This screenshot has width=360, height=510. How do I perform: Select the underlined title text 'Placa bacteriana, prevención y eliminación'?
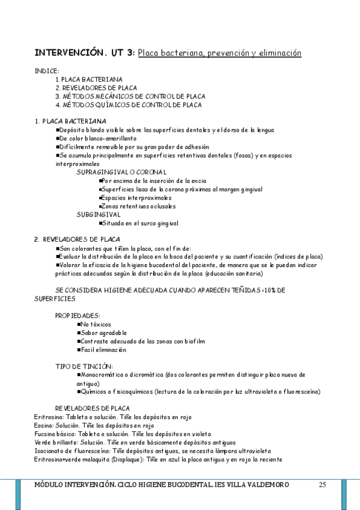[x=219, y=53]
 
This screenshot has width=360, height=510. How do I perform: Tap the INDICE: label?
[x=47, y=70]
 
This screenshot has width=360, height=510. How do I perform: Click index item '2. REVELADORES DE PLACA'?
[x=96, y=88]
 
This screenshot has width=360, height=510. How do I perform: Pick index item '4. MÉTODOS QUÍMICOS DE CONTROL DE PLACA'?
[x=128, y=105]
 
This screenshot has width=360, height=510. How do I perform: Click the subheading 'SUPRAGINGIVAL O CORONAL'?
[x=121, y=172]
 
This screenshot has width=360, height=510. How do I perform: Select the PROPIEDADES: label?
[x=78, y=315]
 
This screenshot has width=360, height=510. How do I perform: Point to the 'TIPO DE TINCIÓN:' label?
[x=84, y=366]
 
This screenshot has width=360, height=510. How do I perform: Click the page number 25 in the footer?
[x=323, y=484]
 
